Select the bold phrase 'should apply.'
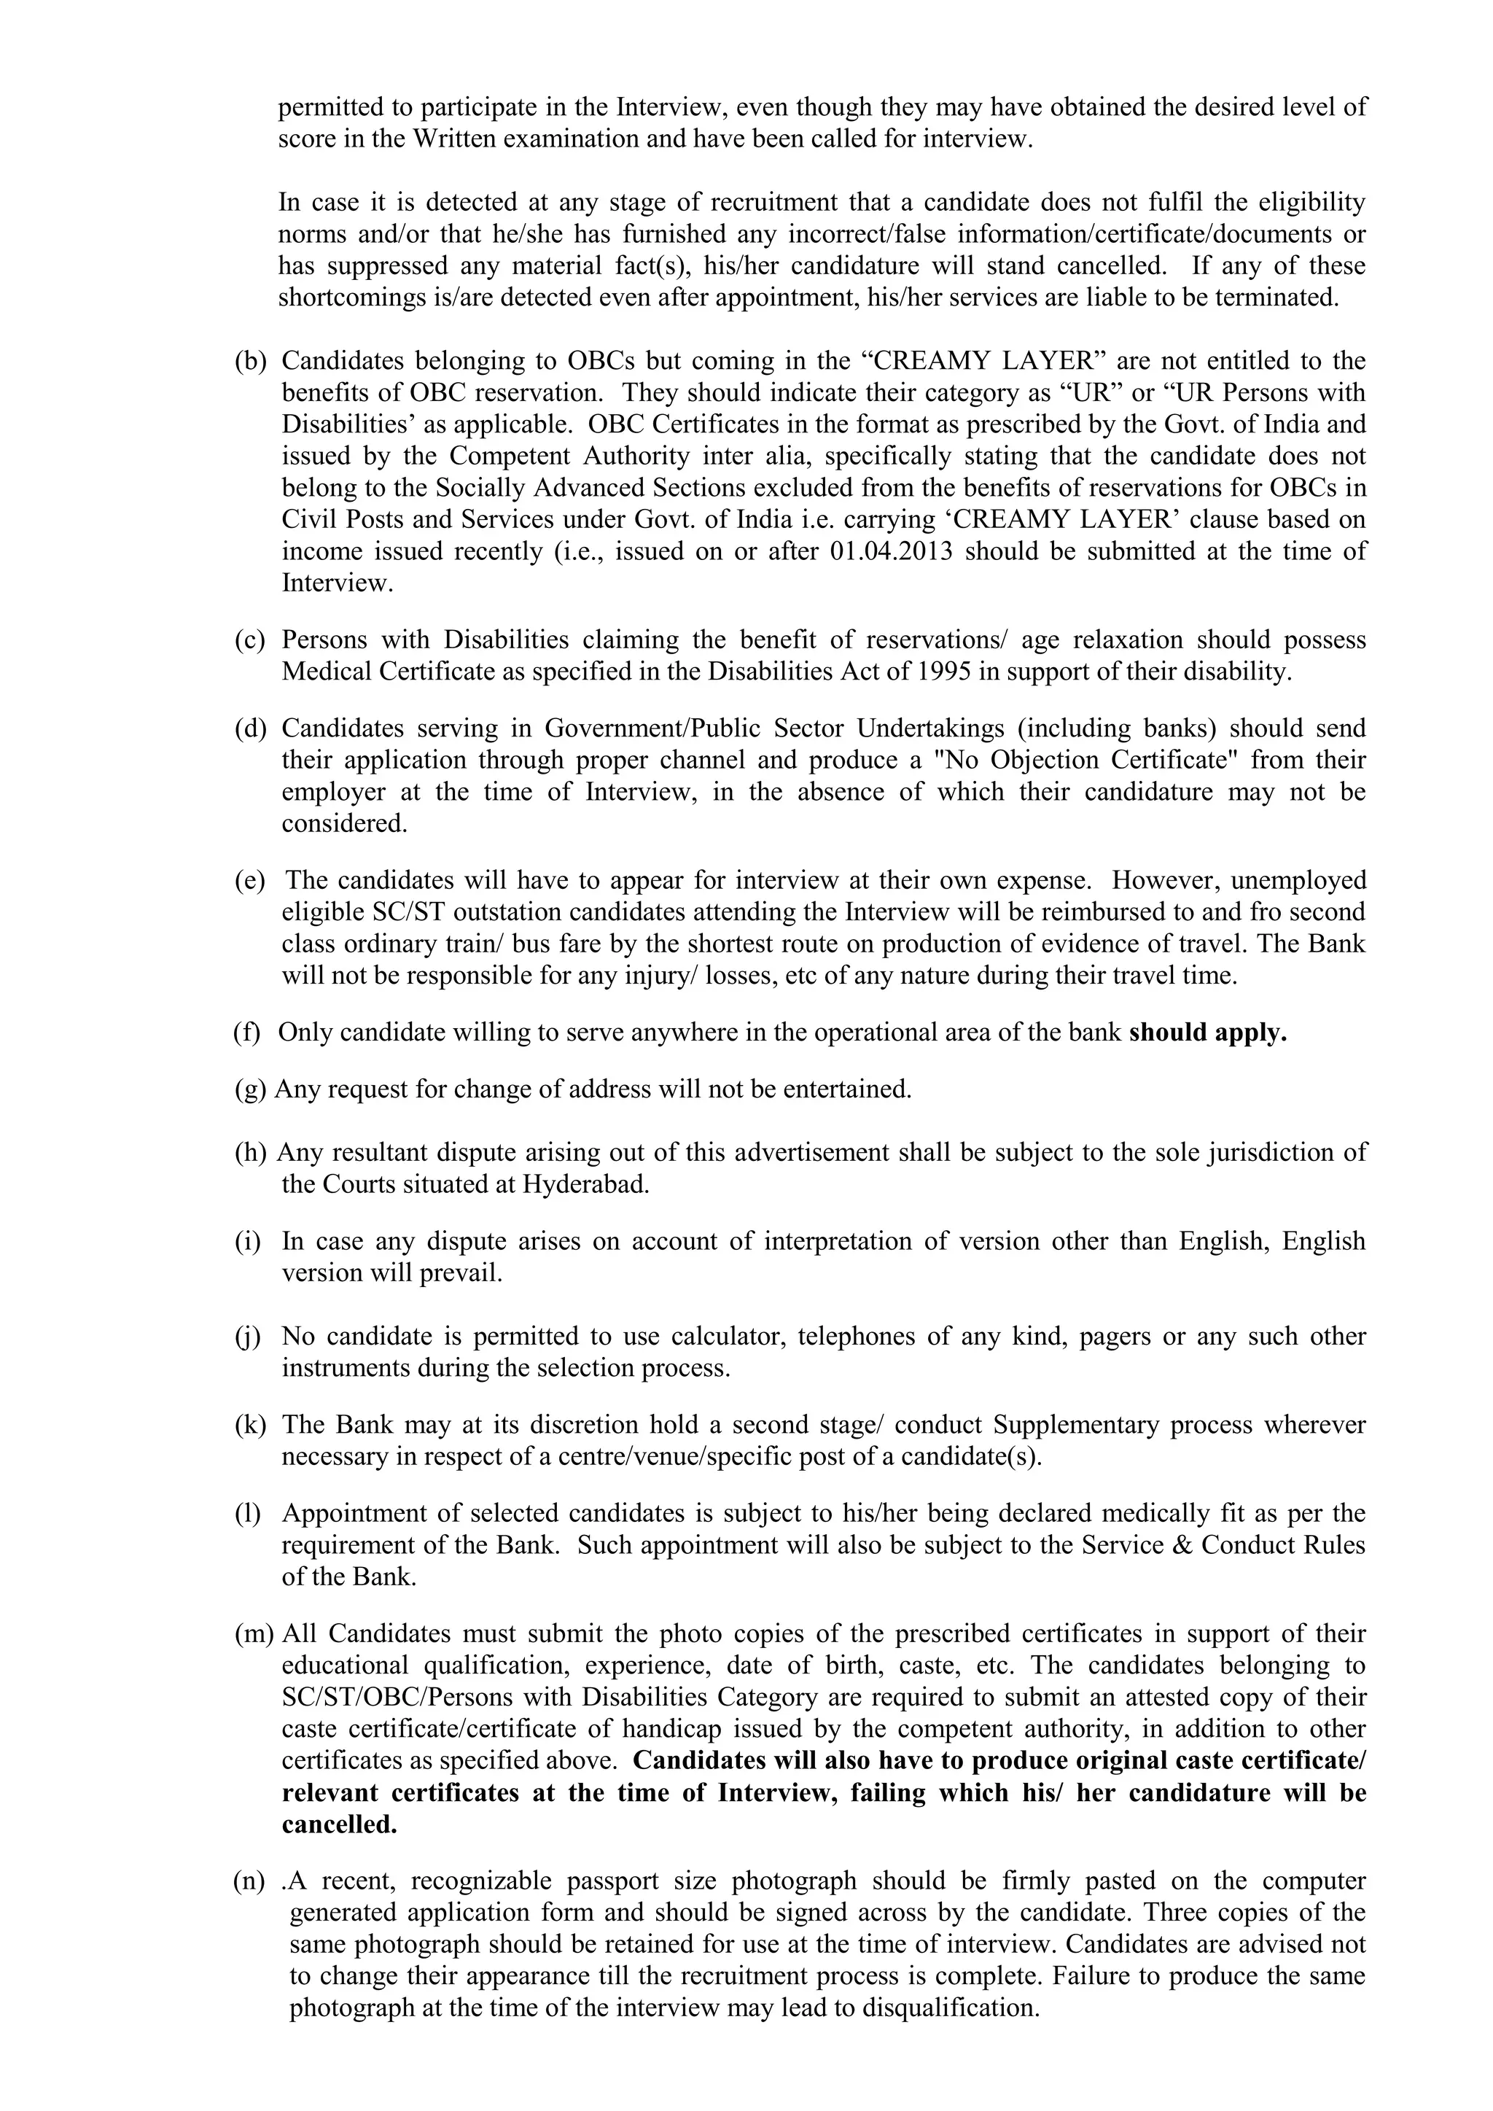click(1207, 1033)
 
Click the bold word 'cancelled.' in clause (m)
click(339, 1825)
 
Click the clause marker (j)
click(248, 1336)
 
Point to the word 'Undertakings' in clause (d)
click(929, 728)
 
